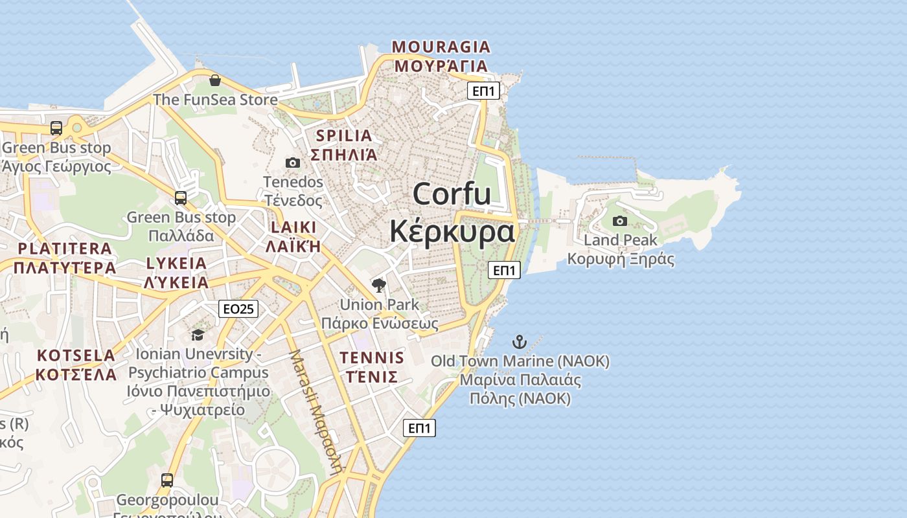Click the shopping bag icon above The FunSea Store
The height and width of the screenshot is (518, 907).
click(x=215, y=81)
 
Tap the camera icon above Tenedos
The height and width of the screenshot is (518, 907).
click(x=293, y=163)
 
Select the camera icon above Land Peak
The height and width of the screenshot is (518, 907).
click(x=620, y=221)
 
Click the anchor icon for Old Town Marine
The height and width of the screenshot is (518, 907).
click(x=520, y=342)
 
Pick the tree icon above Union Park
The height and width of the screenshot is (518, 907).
click(x=379, y=285)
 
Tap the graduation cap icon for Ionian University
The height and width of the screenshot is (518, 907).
click(x=198, y=335)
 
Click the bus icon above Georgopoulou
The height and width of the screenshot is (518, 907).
click(x=167, y=480)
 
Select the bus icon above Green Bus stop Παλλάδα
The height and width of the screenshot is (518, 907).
click(x=181, y=198)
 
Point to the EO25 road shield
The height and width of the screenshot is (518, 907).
click(x=238, y=309)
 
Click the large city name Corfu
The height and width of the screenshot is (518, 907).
click(x=452, y=194)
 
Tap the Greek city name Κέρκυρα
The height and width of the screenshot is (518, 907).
click(x=452, y=231)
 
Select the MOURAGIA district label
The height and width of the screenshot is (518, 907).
click(x=441, y=47)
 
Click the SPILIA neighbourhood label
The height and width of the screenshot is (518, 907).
click(x=344, y=136)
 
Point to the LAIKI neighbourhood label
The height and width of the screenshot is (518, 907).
click(x=293, y=227)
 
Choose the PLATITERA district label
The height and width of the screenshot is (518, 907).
click(x=65, y=249)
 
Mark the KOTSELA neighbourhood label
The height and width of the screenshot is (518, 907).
click(x=76, y=355)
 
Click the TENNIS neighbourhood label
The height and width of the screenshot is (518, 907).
click(x=372, y=358)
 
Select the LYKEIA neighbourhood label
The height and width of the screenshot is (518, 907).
click(x=176, y=264)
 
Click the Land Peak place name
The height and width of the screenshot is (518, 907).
click(x=621, y=240)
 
